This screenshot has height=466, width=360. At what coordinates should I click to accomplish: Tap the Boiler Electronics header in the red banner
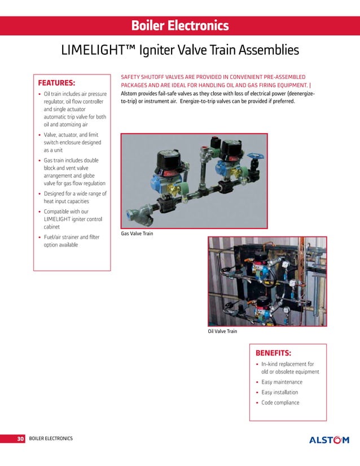coord(179,25)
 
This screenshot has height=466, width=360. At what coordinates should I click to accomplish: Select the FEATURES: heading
coord(56,82)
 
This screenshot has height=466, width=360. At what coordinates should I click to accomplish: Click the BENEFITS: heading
coord(274,353)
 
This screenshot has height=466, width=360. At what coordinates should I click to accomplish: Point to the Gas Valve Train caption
coord(137,233)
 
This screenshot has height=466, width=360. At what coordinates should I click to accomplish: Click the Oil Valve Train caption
coord(223,331)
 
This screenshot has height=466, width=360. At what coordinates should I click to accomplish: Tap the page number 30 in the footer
coord(20,438)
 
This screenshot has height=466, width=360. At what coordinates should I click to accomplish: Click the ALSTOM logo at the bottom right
coord(329,439)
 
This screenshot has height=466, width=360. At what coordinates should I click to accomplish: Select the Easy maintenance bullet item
coord(282,382)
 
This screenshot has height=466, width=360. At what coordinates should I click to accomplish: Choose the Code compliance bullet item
coord(280,402)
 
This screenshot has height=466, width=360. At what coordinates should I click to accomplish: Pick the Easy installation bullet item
coord(280,392)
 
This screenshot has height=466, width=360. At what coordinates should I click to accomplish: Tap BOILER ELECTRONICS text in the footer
coord(51,438)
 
